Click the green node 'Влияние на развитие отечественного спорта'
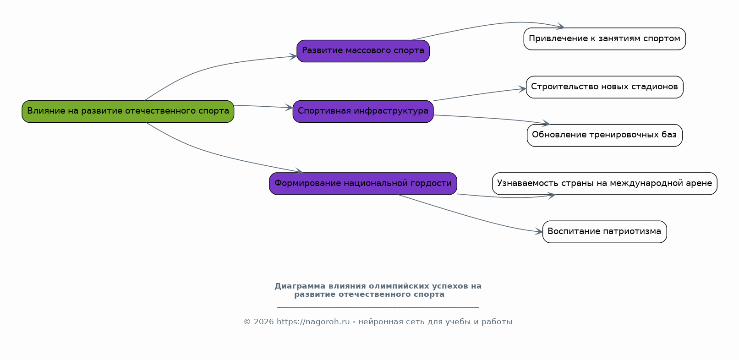coord(128,111)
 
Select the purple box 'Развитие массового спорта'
coord(363,51)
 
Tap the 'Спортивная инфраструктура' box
coord(363,111)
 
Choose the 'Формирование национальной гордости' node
coord(363,184)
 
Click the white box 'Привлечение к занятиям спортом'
coord(604,39)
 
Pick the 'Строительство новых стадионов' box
coord(604,87)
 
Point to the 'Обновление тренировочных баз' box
coord(604,135)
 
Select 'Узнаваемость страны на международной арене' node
coord(604,184)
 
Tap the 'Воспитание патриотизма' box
coord(604,232)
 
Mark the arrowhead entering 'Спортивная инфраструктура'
coord(290,107)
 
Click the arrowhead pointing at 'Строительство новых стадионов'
coord(522,89)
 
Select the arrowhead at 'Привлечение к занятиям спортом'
coord(561,26)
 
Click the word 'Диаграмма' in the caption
coord(300,286)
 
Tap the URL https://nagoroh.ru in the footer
coord(313,322)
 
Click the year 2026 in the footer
coord(263,322)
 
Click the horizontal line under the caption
coord(378,308)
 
